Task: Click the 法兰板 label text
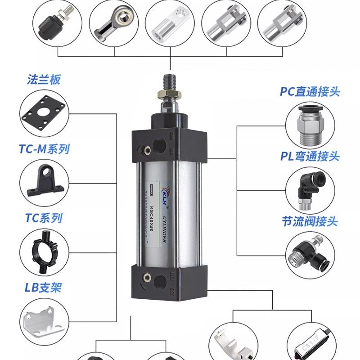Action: click(x=44, y=81)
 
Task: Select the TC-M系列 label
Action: click(x=44, y=149)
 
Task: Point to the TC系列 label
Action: click(x=43, y=218)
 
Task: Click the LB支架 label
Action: click(x=43, y=287)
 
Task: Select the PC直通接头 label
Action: click(x=310, y=92)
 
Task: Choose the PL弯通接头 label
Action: click(x=310, y=157)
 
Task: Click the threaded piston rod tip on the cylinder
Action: click(x=170, y=81)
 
